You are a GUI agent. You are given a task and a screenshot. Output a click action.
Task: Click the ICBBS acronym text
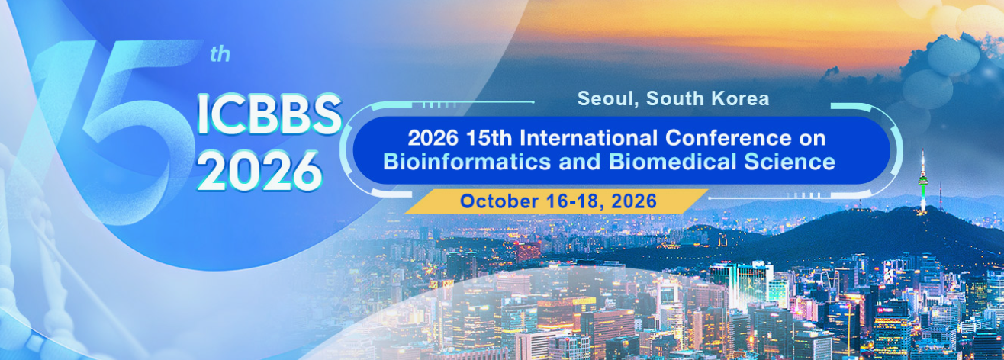[x=269, y=114]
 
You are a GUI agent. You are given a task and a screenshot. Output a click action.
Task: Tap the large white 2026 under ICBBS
[x=260, y=171]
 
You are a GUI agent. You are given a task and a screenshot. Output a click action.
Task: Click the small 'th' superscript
[x=220, y=54]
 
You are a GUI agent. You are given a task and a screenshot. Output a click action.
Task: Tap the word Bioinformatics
[x=467, y=162]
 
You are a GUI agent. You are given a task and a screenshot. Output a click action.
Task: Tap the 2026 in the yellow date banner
[x=634, y=201]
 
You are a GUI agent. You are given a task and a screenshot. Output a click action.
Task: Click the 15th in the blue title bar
[x=489, y=138]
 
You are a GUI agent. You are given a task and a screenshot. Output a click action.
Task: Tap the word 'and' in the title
[x=580, y=162]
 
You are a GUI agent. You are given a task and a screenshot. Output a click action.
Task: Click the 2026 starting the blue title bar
[x=433, y=138]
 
